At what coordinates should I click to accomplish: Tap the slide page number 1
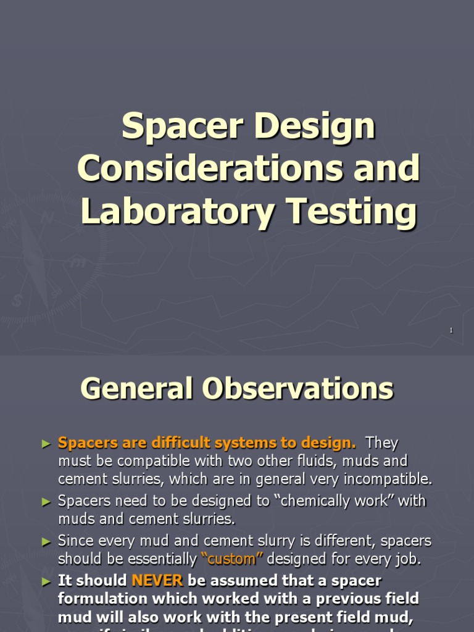click(x=451, y=331)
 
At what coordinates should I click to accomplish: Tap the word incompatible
click(x=395, y=479)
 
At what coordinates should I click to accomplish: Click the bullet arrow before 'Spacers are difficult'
click(x=45, y=443)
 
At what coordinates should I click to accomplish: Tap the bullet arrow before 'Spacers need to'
click(x=45, y=501)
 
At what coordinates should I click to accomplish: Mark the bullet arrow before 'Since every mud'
click(x=45, y=541)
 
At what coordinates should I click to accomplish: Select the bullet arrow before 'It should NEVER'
click(x=45, y=581)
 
